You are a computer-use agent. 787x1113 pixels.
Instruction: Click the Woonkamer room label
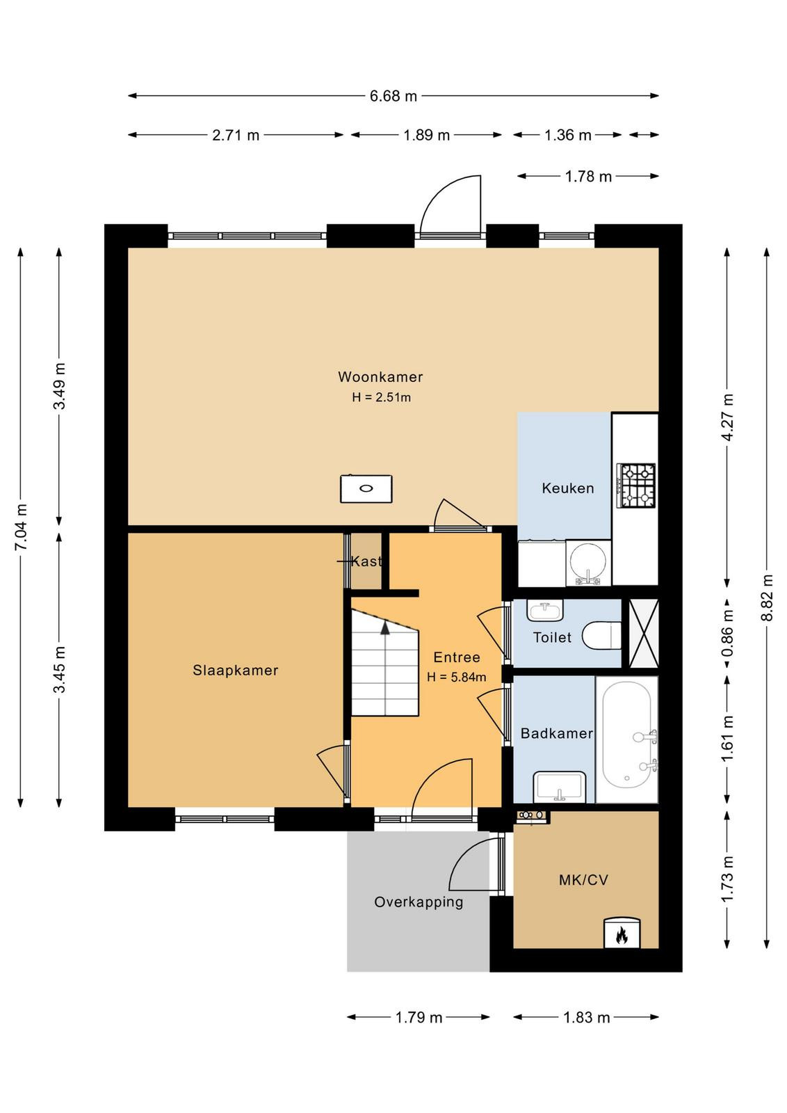click(380, 376)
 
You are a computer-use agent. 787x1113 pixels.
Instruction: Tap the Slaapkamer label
click(236, 671)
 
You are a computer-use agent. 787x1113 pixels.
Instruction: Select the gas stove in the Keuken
click(636, 486)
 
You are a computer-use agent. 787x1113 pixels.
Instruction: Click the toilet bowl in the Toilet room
click(601, 635)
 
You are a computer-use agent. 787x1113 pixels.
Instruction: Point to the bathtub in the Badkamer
click(626, 735)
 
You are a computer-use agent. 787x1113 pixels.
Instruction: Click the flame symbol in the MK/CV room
click(622, 936)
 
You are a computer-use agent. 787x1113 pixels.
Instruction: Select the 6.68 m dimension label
click(394, 96)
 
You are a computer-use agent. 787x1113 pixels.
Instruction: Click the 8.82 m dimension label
click(767, 598)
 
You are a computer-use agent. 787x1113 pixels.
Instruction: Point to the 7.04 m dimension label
click(21, 527)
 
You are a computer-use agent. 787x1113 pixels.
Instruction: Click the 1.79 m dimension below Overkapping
click(419, 1018)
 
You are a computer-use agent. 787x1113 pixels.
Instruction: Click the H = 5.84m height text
click(456, 677)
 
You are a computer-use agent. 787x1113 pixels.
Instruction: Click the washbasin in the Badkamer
click(560, 786)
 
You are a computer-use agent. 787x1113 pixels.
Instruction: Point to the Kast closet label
click(366, 561)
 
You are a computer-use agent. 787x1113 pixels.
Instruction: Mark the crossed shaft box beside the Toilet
click(644, 634)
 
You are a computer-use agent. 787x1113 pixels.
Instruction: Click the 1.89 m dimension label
click(426, 135)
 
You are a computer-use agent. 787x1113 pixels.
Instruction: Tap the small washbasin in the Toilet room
click(544, 610)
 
